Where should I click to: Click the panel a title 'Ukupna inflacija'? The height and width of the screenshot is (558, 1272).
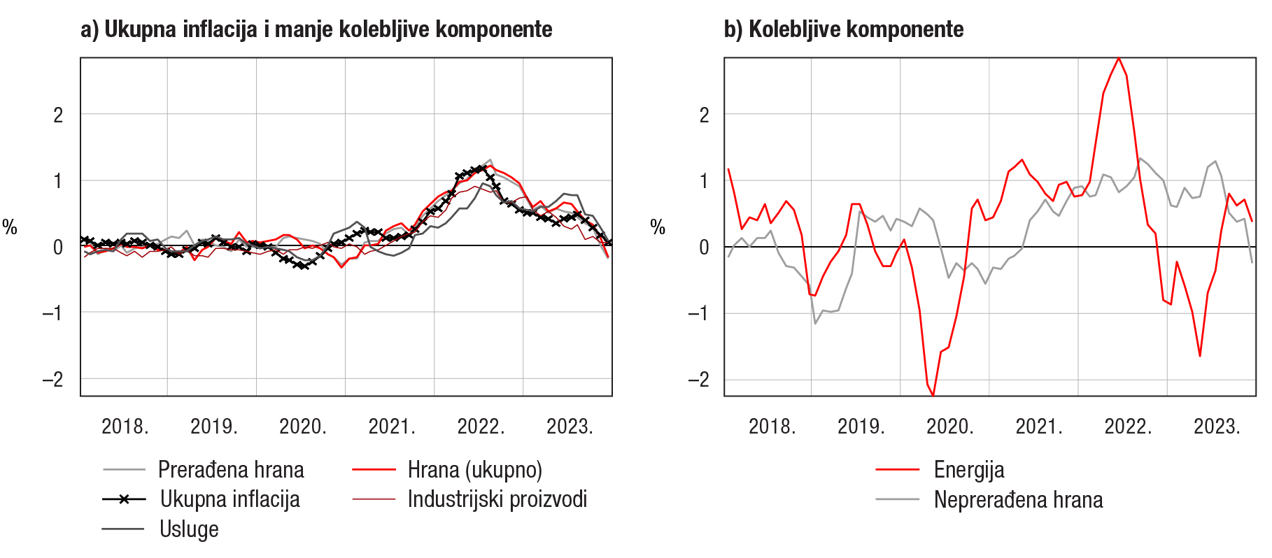pyautogui.click(x=316, y=29)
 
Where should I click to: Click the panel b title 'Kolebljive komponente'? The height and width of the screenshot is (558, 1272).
pyautogui.click(x=844, y=29)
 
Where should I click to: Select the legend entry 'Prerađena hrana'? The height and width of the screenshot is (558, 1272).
pyautogui.click(x=231, y=469)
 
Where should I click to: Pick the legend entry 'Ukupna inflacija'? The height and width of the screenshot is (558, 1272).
pyautogui.click(x=229, y=499)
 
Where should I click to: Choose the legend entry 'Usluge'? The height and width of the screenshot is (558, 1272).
pyautogui.click(x=189, y=529)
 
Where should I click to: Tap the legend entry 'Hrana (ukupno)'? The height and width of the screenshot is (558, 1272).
pyautogui.click(x=474, y=469)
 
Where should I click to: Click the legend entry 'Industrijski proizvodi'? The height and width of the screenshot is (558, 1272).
pyautogui.click(x=497, y=499)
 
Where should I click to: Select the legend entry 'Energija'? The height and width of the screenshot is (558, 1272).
pyautogui.click(x=968, y=469)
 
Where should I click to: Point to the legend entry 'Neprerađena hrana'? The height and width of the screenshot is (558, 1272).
pyautogui.click(x=1018, y=499)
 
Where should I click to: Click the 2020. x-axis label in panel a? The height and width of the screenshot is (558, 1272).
pyautogui.click(x=303, y=427)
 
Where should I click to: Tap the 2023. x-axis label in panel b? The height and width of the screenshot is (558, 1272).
pyautogui.click(x=1217, y=427)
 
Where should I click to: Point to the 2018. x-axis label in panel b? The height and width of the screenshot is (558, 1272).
pyautogui.click(x=772, y=427)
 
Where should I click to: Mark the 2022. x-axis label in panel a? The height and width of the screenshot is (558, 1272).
pyautogui.click(x=481, y=427)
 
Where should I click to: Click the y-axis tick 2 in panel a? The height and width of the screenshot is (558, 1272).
pyautogui.click(x=58, y=115)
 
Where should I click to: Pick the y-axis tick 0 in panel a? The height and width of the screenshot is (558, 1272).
pyautogui.click(x=58, y=247)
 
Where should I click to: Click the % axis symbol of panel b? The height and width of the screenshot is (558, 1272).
pyautogui.click(x=658, y=227)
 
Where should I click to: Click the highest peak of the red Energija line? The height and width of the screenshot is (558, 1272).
pyautogui.click(x=1119, y=58)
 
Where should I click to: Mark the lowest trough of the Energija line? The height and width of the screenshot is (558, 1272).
pyautogui.click(x=933, y=396)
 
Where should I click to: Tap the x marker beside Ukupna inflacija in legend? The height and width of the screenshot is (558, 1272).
pyautogui.click(x=124, y=499)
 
